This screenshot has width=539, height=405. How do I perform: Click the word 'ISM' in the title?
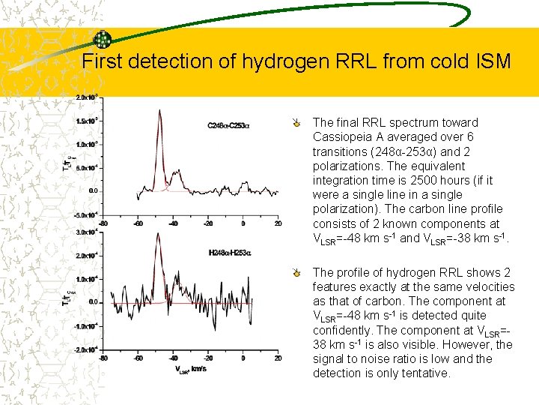pos(491,61)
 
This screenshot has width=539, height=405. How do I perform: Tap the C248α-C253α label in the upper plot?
pos(228,125)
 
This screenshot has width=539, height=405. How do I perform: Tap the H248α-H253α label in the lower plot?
pos(228,253)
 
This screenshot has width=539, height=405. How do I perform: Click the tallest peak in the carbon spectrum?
pos(159,112)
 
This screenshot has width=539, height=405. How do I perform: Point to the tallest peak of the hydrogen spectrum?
pos(159,235)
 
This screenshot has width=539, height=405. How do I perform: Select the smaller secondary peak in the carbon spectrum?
pos(177,173)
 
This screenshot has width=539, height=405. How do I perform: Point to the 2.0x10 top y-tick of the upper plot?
pos(85,97)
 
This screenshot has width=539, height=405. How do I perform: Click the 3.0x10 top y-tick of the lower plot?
pos(85,232)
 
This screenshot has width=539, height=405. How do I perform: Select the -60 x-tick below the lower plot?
pos(138,358)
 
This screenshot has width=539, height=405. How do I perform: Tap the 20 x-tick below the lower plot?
pos(278,358)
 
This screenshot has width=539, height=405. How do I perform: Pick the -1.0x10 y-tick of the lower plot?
pos(85,326)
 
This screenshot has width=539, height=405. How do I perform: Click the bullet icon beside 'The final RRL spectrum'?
pos(298,122)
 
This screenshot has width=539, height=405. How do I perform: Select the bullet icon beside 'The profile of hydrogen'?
pos(298,272)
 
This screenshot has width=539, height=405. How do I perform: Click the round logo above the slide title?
pos(103,40)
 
